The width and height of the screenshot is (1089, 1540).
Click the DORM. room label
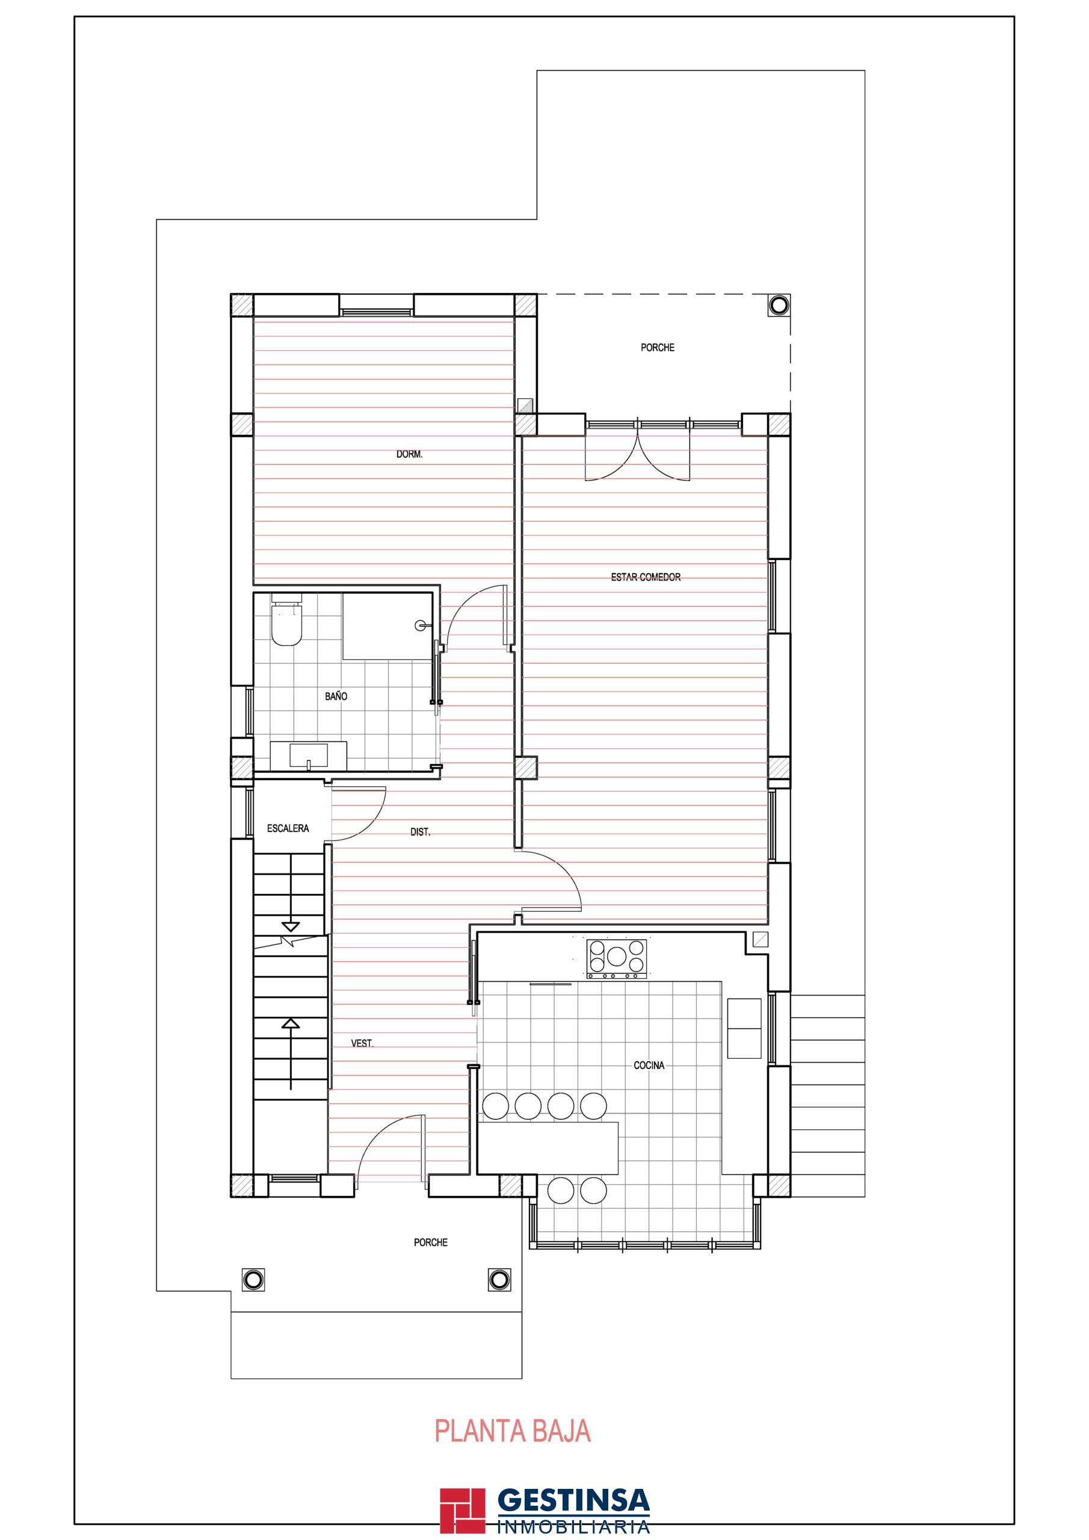pos(409,454)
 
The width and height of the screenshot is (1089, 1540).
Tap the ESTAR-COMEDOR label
pos(646,577)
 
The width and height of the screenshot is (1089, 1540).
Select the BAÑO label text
pos(336,696)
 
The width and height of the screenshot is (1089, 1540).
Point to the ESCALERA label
pos(288,828)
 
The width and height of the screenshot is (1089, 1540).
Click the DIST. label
pos(420,832)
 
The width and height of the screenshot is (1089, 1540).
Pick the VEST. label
pos(362,1043)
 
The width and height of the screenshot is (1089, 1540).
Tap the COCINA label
pos(649,1065)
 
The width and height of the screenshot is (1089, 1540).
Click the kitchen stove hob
pos(617,958)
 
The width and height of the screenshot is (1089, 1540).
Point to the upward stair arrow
pos(291,1054)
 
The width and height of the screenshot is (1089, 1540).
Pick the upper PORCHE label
pos(658,348)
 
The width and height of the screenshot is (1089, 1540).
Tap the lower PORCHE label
pos(431,1243)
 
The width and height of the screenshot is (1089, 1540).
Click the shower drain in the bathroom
pos(421,626)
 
